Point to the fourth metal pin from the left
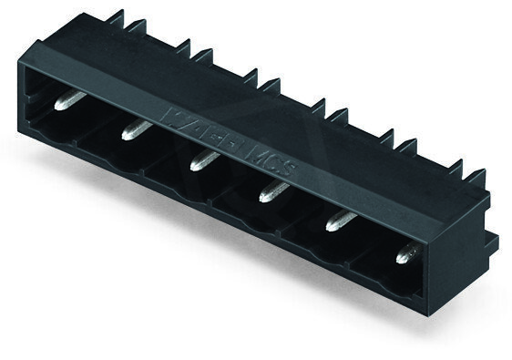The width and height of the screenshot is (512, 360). point(272,190)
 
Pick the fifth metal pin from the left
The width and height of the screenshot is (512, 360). point(341,219)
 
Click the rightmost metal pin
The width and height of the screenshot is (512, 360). point(405,252)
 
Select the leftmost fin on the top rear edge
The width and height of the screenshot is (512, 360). point(115,17)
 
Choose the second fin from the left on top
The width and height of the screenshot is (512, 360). point(136,26)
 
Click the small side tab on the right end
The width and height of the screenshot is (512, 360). point(491,242)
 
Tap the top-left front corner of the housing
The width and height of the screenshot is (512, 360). point(20,60)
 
